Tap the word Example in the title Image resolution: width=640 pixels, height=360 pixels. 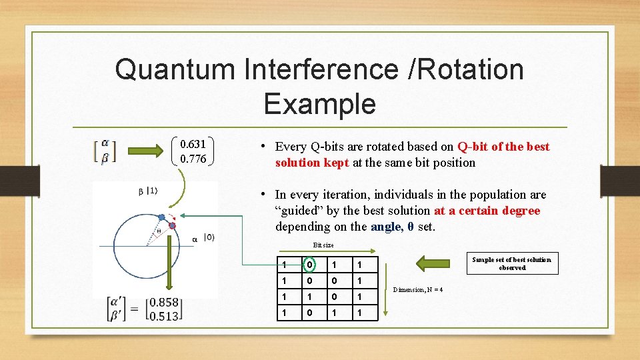coord(319,104)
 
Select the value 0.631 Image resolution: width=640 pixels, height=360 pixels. coord(193,144)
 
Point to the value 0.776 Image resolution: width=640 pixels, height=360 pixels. coord(193,159)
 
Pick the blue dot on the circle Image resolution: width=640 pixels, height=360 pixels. coord(161,217)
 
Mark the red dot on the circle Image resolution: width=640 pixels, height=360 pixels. coord(172,226)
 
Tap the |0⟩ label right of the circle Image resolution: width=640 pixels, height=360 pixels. coord(209,238)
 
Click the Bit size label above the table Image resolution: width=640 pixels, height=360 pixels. coord(323,245)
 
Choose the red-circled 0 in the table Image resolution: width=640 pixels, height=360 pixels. coord(309,265)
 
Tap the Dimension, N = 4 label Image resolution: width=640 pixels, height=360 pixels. coord(418,289)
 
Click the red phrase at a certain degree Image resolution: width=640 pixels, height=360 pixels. coord(487,211)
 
